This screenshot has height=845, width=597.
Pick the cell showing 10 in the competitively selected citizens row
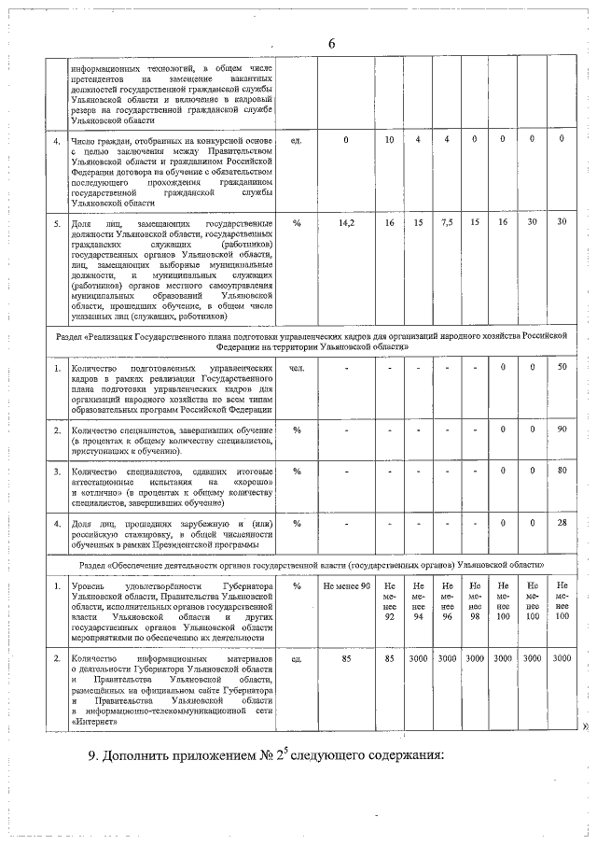[x=390, y=139]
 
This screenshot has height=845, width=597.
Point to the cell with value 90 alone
[x=562, y=430]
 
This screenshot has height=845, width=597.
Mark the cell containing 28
[x=562, y=523]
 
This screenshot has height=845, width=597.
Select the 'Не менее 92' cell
[x=390, y=601]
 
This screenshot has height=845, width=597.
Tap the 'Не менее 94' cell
[x=419, y=601]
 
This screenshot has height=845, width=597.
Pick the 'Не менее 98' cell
[x=475, y=601]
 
